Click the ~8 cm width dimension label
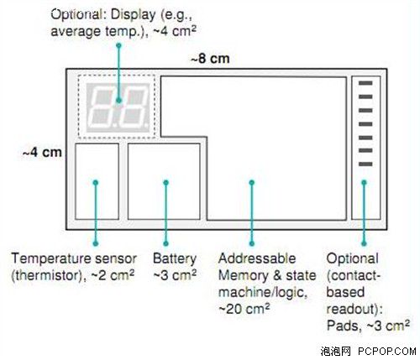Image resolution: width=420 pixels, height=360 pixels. [x=210, y=59]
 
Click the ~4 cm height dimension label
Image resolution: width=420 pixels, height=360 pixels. [x=42, y=153]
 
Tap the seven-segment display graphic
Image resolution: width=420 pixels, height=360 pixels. [x=118, y=107]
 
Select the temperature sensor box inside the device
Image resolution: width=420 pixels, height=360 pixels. [x=97, y=181]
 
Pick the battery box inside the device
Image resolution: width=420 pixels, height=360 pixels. [x=164, y=181]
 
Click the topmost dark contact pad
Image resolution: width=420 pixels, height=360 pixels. [x=365, y=83]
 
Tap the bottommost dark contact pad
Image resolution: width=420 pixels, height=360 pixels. [x=365, y=164]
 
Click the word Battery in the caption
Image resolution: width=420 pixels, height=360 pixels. [x=175, y=259]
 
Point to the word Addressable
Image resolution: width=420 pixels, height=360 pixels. [x=257, y=258]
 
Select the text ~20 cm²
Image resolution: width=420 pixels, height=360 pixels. [x=244, y=309]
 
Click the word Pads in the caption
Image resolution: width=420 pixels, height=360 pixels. [x=343, y=326]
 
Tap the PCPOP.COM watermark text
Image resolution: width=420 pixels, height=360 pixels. [x=387, y=351]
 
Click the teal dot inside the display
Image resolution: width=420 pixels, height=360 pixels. [x=119, y=100]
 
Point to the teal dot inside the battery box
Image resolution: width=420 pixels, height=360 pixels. [x=166, y=183]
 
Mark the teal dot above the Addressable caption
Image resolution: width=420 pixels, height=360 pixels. [x=252, y=243]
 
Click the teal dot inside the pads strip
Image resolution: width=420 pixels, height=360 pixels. [x=364, y=183]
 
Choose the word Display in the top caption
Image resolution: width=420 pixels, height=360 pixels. [x=134, y=15]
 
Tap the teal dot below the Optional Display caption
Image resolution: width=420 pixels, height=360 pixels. [x=119, y=45]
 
